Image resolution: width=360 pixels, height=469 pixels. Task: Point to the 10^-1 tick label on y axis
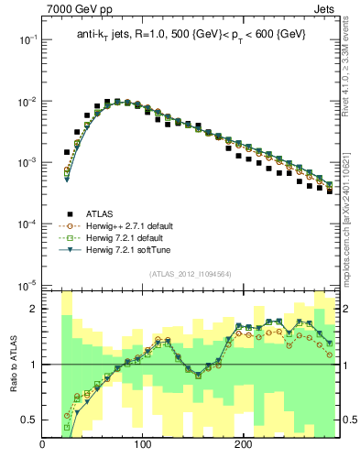pos(27,40)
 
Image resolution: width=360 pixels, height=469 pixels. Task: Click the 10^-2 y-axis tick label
pos(27,102)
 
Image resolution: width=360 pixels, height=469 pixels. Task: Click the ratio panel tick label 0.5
pos(29,420)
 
